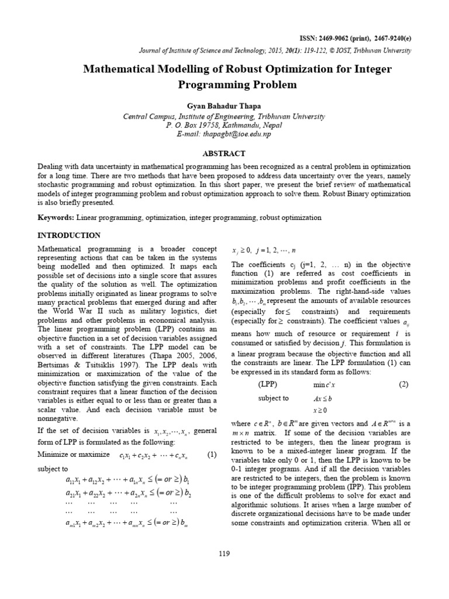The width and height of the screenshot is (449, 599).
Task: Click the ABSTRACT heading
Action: [224, 153]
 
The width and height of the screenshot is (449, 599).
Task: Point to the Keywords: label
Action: [56, 217]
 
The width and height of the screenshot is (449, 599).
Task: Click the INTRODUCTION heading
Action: [69, 236]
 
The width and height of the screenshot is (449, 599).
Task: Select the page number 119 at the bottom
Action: [224, 553]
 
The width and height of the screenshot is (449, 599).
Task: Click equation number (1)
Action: [212, 455]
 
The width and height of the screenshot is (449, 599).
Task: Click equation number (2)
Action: [403, 384]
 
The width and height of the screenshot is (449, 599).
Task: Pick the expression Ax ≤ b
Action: [322, 399]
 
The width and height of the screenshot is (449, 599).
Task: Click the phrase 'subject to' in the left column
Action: [53, 469]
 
